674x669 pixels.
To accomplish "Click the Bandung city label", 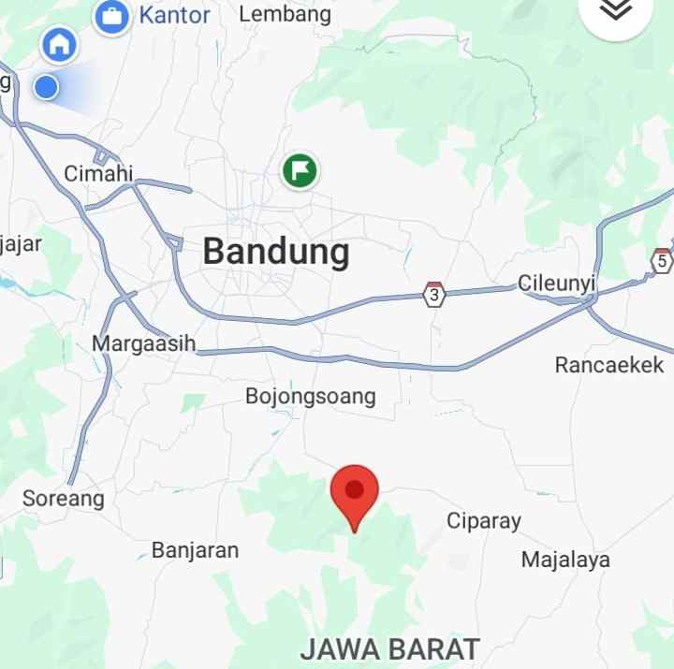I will point(276,252).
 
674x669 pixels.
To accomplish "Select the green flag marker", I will point(300,170).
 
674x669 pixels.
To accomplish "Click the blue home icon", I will point(59,43).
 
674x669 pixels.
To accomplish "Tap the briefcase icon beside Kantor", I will point(112,16).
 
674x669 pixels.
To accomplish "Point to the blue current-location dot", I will point(46,88).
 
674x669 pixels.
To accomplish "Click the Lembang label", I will point(285,14).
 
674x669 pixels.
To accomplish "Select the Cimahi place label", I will point(99,173).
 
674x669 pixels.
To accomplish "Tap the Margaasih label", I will point(144,343).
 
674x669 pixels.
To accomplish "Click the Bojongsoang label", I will point(310,396).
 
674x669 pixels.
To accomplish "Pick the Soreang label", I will point(64,498).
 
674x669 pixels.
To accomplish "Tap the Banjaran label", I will point(195,550).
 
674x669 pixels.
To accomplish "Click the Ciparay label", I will point(483,521).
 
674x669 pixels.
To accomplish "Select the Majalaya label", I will point(565,560).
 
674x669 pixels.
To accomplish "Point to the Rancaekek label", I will point(608,365).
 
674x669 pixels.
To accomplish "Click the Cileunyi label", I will point(556,284).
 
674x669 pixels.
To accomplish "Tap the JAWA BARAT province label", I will point(390,648).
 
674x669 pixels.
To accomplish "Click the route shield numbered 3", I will point(432,295).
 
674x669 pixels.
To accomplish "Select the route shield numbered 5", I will point(662,259).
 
